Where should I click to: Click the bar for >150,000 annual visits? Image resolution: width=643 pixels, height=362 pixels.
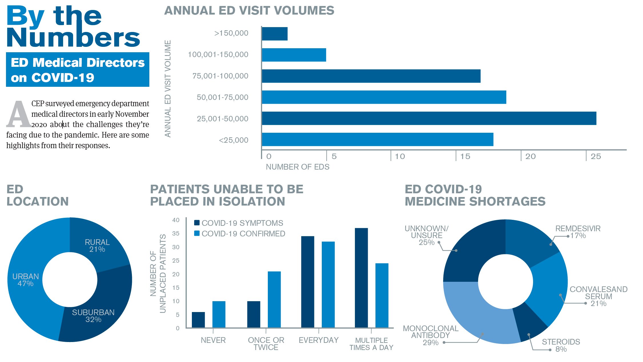point(275,34)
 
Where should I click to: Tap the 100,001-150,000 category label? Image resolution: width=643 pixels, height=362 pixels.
point(218,55)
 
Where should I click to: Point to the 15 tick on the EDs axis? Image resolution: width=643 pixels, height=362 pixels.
point(465,156)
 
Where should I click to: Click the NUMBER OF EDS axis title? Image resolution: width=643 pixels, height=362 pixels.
point(298,167)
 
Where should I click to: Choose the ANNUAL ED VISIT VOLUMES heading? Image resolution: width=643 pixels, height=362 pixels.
point(249,11)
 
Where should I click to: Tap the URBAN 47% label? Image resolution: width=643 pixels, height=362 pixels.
point(25,280)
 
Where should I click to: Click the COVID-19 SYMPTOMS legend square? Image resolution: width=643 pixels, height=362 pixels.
point(197,223)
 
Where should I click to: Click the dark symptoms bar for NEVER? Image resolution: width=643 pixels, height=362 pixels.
point(198,320)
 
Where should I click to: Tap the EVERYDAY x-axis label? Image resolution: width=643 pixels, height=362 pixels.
point(319,340)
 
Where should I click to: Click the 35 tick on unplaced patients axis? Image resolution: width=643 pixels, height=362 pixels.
point(176,234)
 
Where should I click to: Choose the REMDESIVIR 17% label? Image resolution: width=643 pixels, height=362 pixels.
point(578,232)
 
